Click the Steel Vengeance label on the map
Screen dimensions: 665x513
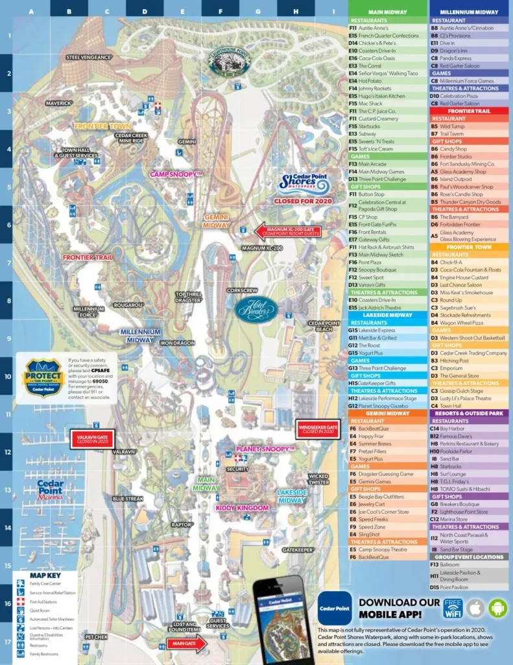point(89,57)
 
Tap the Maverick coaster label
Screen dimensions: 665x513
point(58,103)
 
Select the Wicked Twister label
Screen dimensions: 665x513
point(318,479)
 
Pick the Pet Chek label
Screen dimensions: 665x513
point(96,636)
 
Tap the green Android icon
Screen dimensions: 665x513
point(498,609)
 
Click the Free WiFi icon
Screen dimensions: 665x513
point(453,609)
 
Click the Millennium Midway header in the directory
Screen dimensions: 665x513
point(468,12)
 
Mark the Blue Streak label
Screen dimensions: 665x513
point(128,499)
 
